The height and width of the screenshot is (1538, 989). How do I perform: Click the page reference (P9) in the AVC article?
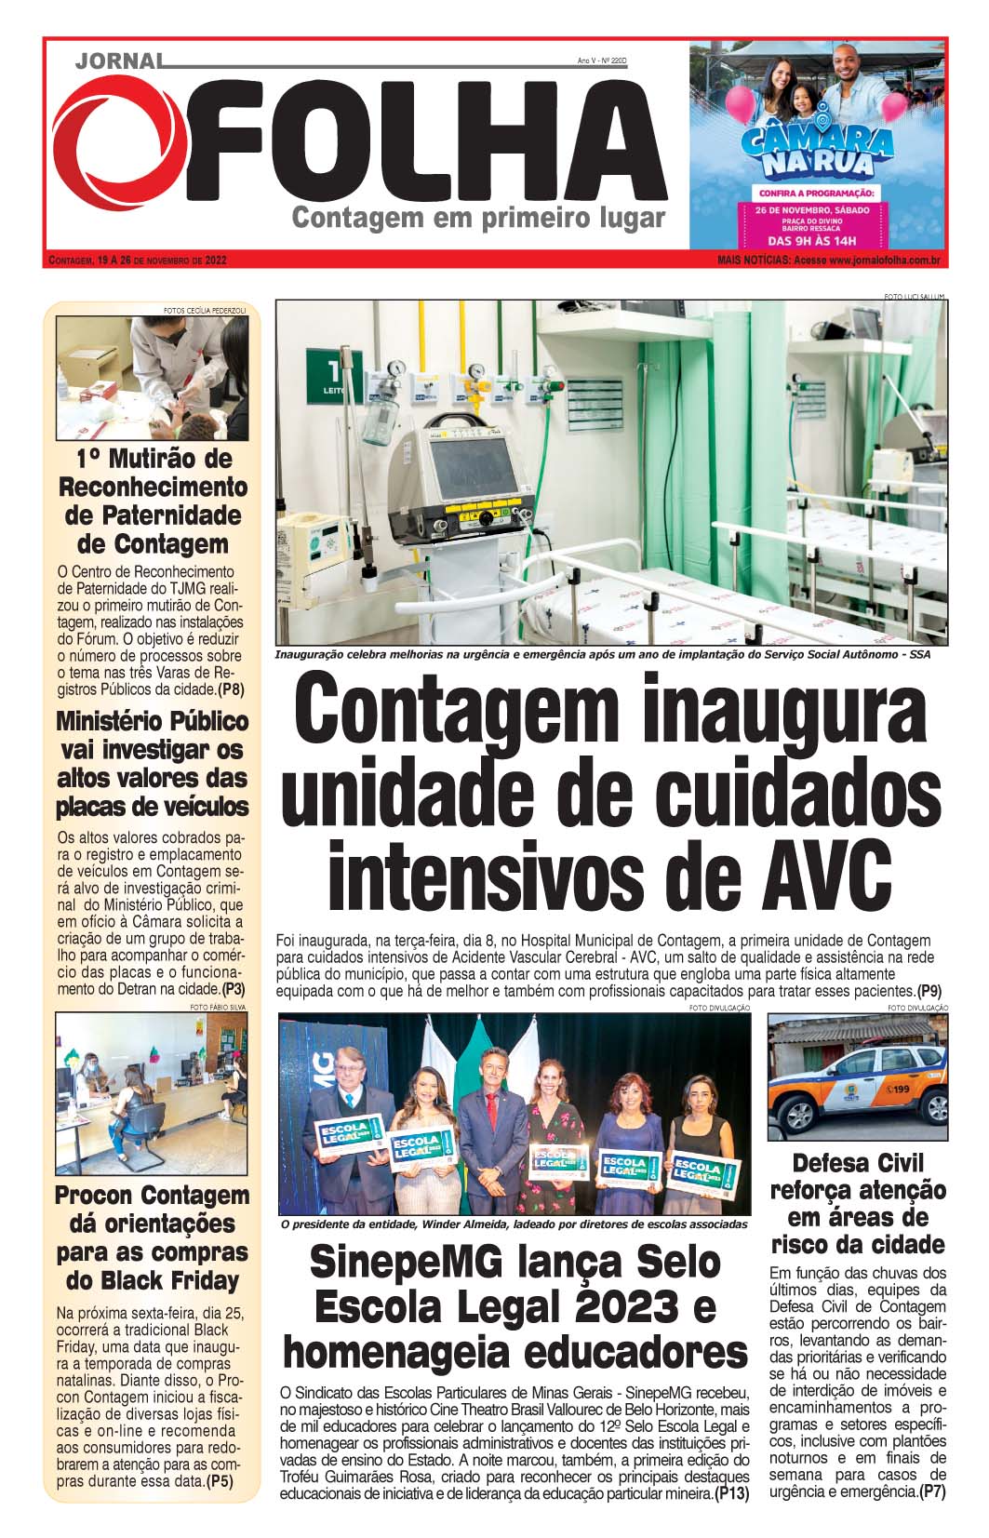pyautogui.click(x=929, y=991)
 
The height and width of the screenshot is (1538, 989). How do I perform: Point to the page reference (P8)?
pyautogui.click(x=231, y=689)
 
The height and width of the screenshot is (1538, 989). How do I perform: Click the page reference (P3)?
pyautogui.click(x=234, y=989)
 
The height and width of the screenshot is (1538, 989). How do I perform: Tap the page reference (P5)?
pyautogui.click(x=220, y=1481)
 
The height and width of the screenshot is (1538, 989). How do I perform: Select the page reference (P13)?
pyautogui.click(x=731, y=1494)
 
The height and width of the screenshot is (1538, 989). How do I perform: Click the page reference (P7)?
pyautogui.click(x=932, y=1491)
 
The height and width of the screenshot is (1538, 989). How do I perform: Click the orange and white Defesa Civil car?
pyautogui.click(x=856, y=1087)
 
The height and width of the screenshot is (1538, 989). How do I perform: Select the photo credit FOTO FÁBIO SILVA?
pyautogui.click(x=218, y=1007)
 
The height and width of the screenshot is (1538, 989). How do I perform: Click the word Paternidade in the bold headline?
pyautogui.click(x=153, y=515)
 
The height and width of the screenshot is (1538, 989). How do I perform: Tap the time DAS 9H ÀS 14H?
pyautogui.click(x=818, y=240)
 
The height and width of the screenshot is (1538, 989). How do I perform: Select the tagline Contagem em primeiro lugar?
pyautogui.click(x=478, y=218)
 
